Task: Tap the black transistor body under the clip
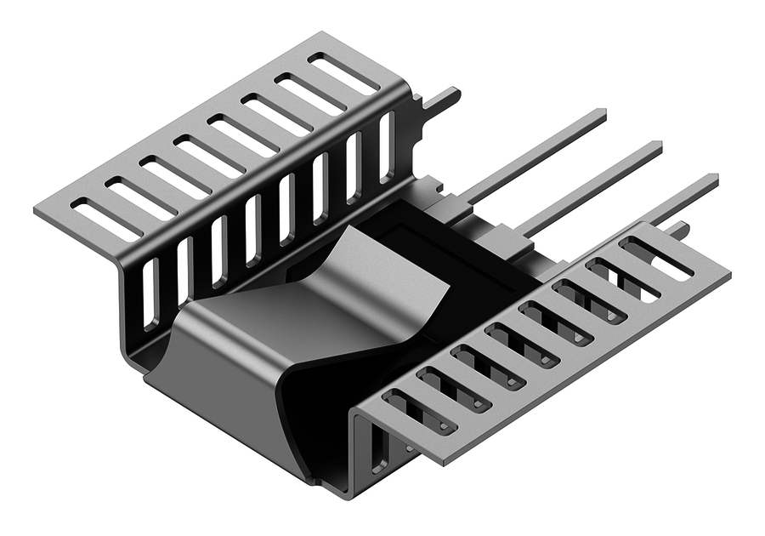tap(459, 255)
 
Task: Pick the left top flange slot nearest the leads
tap(343, 73)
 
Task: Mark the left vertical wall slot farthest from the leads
tap(150, 294)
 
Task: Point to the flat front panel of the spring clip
tap(229, 374)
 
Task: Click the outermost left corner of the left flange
tap(36, 208)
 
